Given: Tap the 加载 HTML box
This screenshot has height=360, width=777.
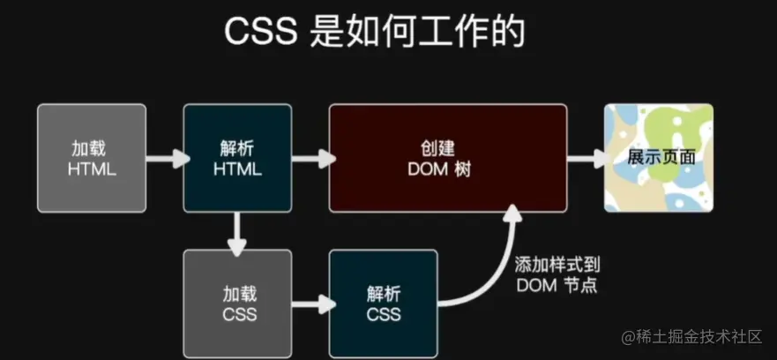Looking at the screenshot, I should [x=92, y=158].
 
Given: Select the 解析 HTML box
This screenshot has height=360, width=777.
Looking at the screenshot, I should [x=237, y=158].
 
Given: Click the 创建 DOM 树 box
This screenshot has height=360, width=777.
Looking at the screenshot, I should [x=447, y=158].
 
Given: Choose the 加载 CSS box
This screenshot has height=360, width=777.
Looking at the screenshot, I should [x=237, y=303].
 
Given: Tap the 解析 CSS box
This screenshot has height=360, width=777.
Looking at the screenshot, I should [x=383, y=303].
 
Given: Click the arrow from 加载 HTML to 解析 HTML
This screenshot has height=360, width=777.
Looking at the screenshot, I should [x=165, y=159].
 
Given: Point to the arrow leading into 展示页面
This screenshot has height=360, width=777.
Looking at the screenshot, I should [x=584, y=159].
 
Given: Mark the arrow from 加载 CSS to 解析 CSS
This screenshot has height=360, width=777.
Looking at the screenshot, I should [x=310, y=304].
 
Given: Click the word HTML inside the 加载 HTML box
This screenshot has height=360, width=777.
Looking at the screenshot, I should [x=92, y=169].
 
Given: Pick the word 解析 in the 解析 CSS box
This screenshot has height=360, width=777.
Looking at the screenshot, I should [x=383, y=292].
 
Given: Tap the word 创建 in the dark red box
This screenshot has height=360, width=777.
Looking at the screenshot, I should [x=447, y=147].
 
